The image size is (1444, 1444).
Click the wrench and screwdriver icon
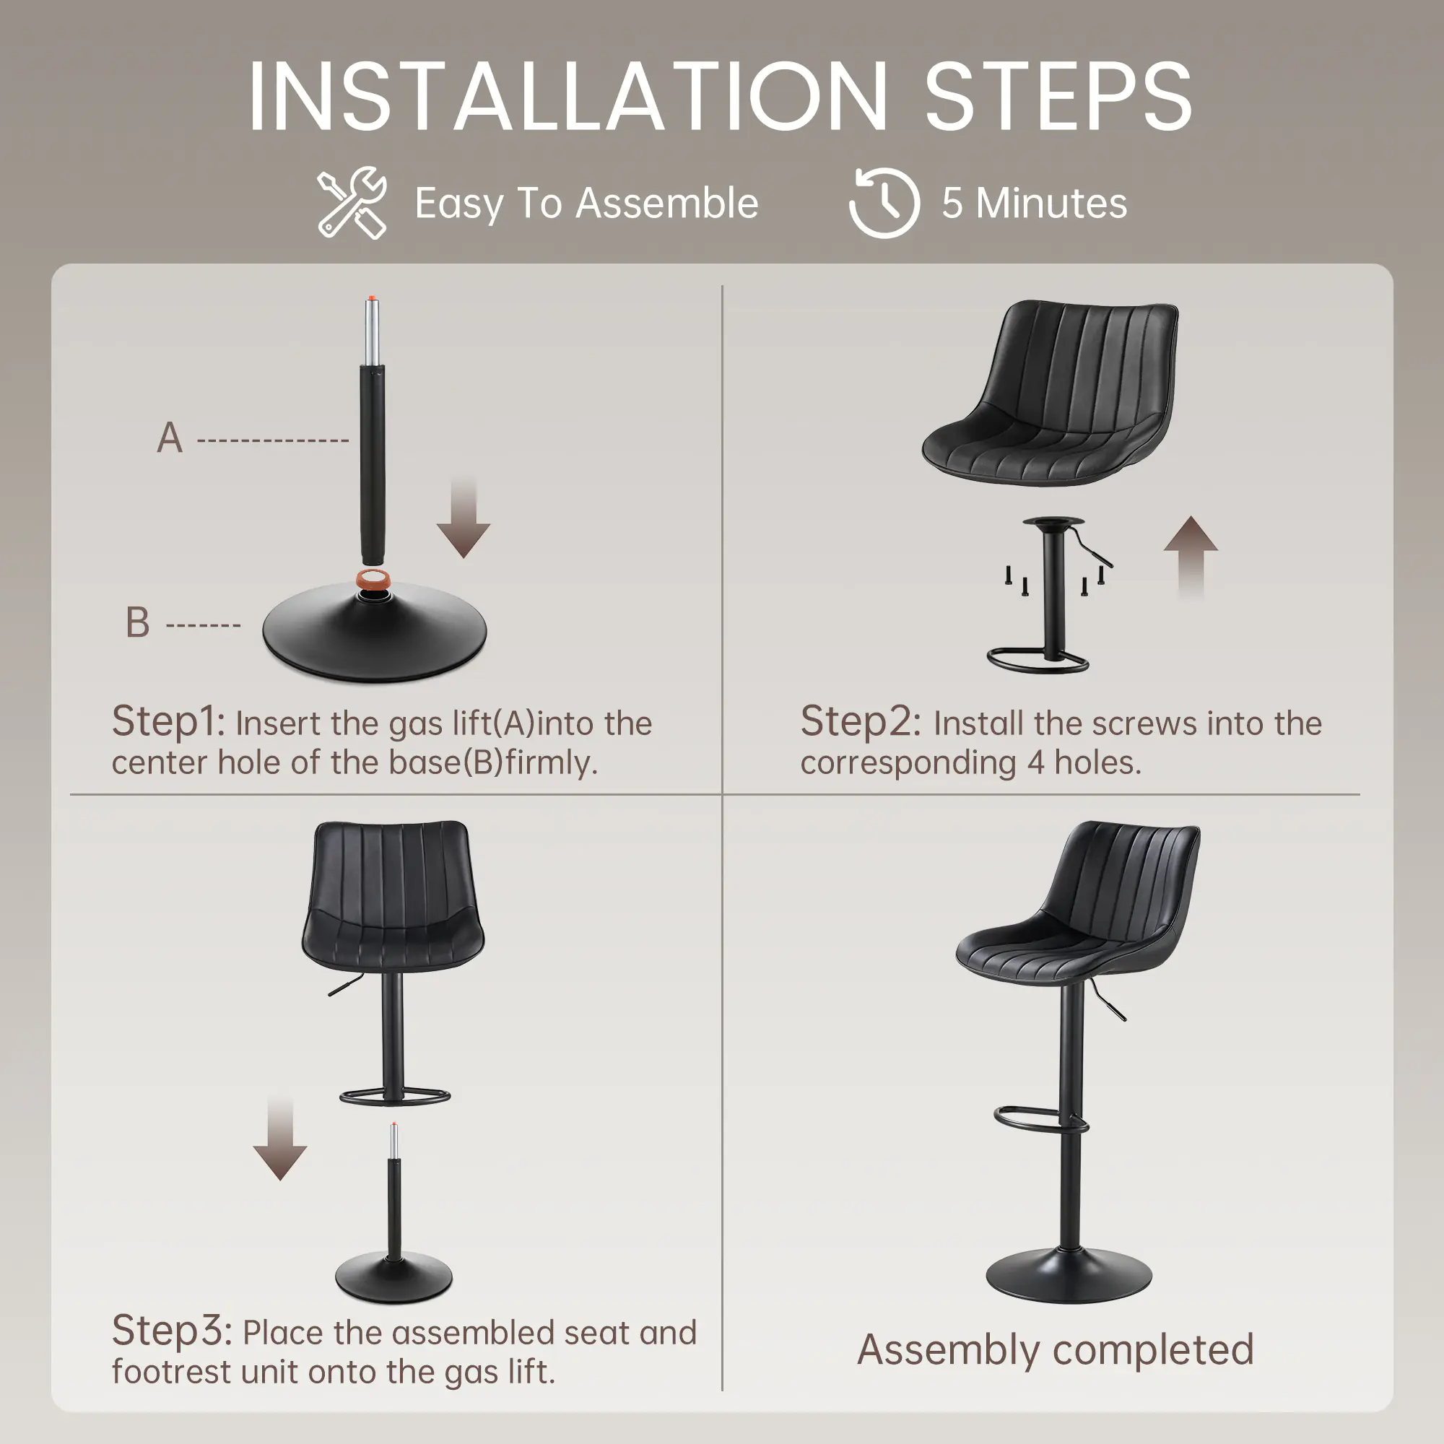(x=352, y=203)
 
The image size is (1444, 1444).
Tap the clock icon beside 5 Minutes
(x=884, y=203)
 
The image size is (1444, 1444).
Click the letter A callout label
(x=170, y=438)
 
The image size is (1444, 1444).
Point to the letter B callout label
(x=137, y=622)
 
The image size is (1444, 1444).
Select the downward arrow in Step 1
(x=464, y=516)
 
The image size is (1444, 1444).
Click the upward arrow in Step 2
(x=1191, y=557)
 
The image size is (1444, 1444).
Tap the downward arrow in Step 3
(x=279, y=1139)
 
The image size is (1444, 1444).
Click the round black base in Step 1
(x=375, y=632)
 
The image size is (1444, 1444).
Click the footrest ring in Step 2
(x=1038, y=661)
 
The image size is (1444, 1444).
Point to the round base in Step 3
(x=394, y=1279)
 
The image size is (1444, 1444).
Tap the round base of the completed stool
(x=1069, y=1274)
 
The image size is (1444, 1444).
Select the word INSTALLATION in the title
(x=569, y=97)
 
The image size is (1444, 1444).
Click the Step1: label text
(x=168, y=722)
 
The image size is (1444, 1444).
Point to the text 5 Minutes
(x=1035, y=204)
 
